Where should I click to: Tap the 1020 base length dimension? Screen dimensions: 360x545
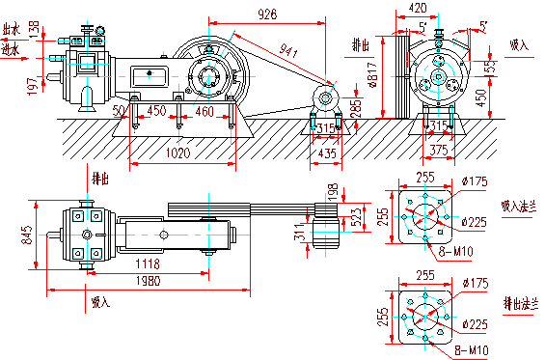(x=177, y=152)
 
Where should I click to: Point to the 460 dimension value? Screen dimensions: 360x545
(x=204, y=112)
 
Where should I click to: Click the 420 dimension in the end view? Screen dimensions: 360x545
(x=418, y=8)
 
